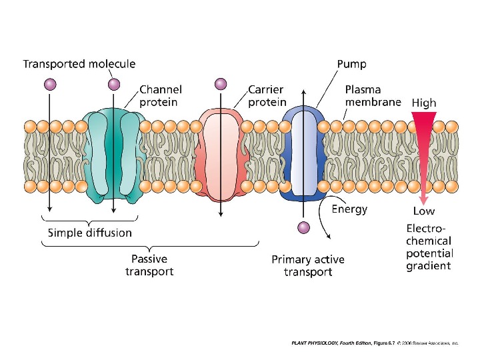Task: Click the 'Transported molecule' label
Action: point(79,64)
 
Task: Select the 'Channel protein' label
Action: point(160,95)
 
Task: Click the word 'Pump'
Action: point(351,65)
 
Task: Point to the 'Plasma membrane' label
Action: point(373,95)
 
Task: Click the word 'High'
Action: point(424,103)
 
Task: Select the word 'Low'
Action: point(423,211)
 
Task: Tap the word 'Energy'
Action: point(349,209)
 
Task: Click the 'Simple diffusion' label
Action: point(89,233)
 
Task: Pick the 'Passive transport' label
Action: point(149,265)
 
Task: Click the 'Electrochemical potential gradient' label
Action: point(429,247)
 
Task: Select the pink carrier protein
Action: point(219,156)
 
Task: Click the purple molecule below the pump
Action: point(303,228)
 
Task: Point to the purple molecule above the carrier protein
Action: point(221,84)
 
